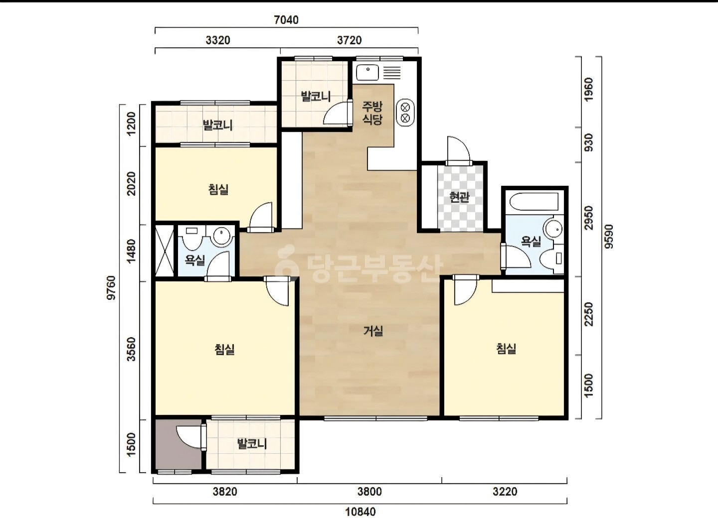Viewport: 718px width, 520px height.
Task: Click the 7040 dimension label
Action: [286, 20]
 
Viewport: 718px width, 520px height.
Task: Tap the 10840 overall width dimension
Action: [360, 512]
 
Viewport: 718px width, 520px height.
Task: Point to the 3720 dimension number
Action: [350, 40]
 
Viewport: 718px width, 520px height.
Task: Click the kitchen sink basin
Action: [367, 72]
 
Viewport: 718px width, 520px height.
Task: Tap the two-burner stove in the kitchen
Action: [405, 113]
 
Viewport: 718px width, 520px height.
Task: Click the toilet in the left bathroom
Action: [192, 238]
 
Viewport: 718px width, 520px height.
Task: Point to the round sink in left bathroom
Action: [222, 237]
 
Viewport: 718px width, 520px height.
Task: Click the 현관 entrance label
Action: [459, 198]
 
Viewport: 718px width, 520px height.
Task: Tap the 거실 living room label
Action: [373, 331]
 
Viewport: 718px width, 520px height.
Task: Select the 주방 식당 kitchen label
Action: [372, 113]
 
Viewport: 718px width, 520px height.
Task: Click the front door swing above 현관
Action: [459, 150]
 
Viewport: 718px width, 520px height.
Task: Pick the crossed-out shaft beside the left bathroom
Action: [165, 251]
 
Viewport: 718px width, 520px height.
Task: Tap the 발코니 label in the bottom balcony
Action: [252, 444]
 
